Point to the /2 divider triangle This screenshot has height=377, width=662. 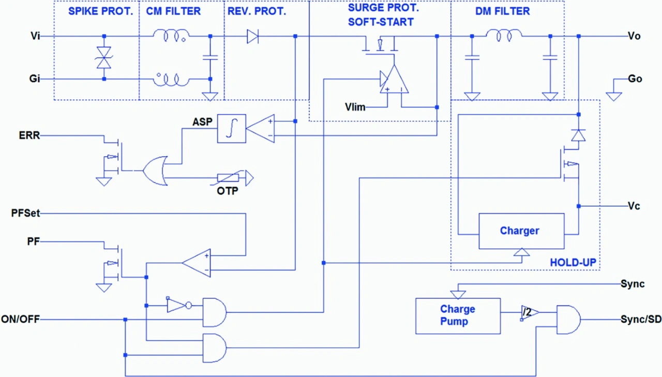click(x=530, y=312)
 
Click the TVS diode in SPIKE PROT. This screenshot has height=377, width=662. click(x=104, y=57)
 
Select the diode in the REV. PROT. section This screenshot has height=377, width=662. click(x=253, y=36)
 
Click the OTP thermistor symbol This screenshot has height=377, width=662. click(x=228, y=178)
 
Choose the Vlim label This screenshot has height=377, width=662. click(x=355, y=107)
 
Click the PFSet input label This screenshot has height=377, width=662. click(x=25, y=213)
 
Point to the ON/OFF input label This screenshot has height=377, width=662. click(x=20, y=320)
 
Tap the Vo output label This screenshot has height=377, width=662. click(x=634, y=36)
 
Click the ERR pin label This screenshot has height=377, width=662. click(x=29, y=135)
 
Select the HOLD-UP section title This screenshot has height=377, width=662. click(x=573, y=262)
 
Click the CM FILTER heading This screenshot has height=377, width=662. click(x=173, y=11)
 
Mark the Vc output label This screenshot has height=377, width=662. click(x=634, y=206)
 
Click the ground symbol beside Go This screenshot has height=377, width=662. click(x=614, y=96)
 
